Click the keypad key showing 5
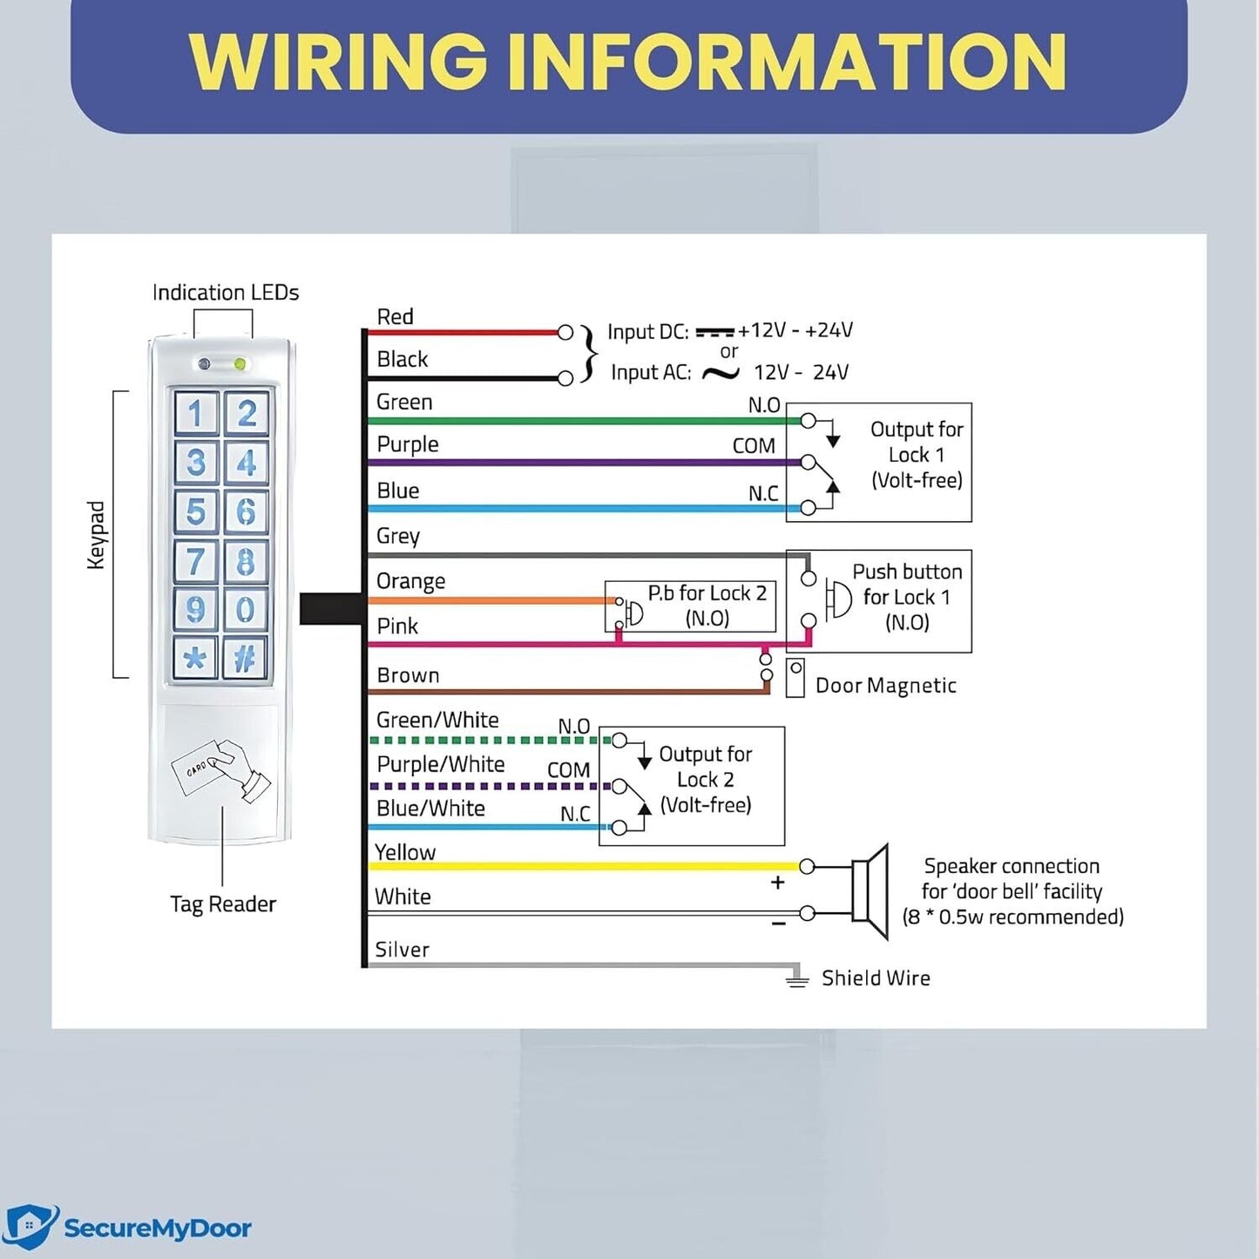pyautogui.click(x=196, y=511)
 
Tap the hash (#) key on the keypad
pyautogui.click(x=245, y=658)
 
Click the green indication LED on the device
pyautogui.click(x=240, y=364)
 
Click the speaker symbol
pyautogui.click(x=870, y=890)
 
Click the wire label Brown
pyautogui.click(x=408, y=675)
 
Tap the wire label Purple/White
pyautogui.click(x=440, y=764)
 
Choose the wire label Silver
pyautogui.click(x=402, y=950)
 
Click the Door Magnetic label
pyautogui.click(x=885, y=686)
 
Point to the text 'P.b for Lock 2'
pyautogui.click(x=707, y=593)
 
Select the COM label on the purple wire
pyautogui.click(x=754, y=446)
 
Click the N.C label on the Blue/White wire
pyautogui.click(x=575, y=814)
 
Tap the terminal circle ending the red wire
pyautogui.click(x=565, y=332)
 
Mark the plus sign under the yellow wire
pyautogui.click(x=778, y=883)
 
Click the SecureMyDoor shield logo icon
pyautogui.click(x=30, y=1228)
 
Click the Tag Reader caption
pyautogui.click(x=223, y=904)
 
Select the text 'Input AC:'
pyautogui.click(x=651, y=373)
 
